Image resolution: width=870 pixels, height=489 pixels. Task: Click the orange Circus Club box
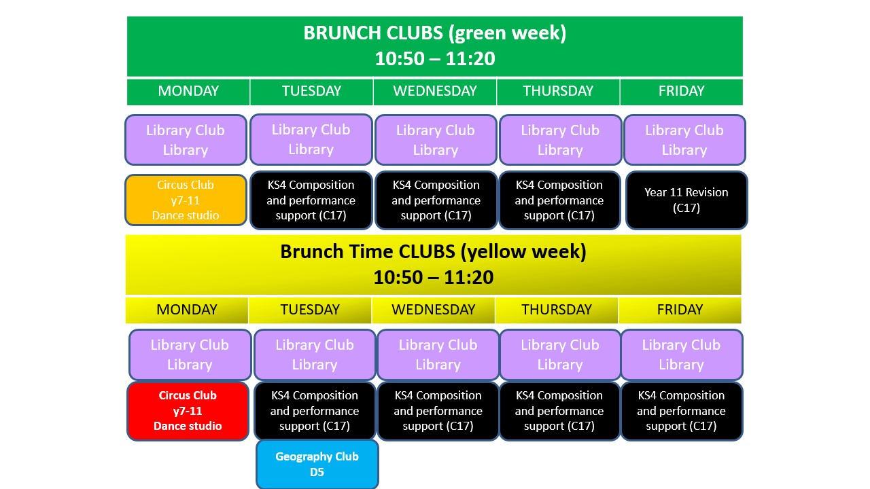[186, 200]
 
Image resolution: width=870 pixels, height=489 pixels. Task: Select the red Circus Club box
[188, 411]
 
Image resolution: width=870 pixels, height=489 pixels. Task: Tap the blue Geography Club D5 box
[317, 464]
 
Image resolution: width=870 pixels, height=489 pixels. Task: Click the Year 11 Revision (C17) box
[686, 200]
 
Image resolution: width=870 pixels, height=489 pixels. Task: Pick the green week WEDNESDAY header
[434, 91]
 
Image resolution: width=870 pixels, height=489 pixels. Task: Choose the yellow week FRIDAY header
[680, 310]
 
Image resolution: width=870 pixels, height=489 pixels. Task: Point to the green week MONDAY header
[188, 91]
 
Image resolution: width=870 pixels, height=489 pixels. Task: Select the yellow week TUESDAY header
[310, 310]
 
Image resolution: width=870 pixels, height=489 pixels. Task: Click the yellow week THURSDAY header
[557, 310]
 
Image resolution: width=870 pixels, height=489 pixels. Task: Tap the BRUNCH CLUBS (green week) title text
[434, 33]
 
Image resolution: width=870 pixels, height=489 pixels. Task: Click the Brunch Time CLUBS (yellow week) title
[433, 251]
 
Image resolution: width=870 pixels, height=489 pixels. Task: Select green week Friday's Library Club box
[684, 140]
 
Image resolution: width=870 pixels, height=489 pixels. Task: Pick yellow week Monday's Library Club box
[190, 355]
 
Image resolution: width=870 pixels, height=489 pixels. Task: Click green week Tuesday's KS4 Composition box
[311, 200]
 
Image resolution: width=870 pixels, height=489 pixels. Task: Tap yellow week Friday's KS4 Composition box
[681, 411]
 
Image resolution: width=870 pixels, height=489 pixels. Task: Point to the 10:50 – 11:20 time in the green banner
[434, 58]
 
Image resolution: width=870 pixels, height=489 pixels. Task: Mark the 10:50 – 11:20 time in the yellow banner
[433, 278]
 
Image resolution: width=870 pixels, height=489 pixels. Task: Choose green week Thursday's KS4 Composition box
[559, 200]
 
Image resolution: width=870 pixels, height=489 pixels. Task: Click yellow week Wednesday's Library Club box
[438, 355]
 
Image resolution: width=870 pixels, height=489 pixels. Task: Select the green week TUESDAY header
[311, 91]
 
